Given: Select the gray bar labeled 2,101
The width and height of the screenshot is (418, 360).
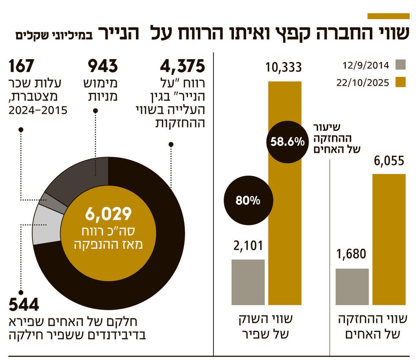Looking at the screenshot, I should click(x=248, y=282).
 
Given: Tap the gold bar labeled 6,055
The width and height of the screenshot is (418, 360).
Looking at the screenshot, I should click(x=389, y=239).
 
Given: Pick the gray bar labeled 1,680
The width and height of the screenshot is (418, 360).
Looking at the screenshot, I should click(x=352, y=286).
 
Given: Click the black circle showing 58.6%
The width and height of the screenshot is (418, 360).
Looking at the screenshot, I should click(x=287, y=142).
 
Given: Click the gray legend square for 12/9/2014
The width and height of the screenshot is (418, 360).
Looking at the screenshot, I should click(x=401, y=65).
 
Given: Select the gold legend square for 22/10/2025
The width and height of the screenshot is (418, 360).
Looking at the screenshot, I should click(x=401, y=82).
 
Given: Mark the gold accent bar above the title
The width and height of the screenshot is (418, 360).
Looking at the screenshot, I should click(x=388, y=16).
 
